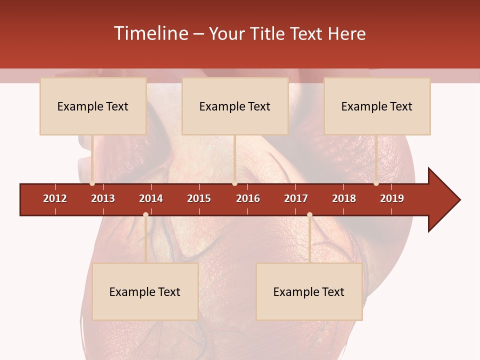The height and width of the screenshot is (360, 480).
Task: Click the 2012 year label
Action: tap(55, 198)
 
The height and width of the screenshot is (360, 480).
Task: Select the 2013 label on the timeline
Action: tap(103, 198)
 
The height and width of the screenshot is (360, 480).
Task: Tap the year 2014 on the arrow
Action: tap(151, 198)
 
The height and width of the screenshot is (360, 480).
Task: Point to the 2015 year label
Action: tap(199, 198)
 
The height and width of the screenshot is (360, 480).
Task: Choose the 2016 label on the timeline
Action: tap(248, 198)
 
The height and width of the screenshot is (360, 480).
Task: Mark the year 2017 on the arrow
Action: tap(296, 198)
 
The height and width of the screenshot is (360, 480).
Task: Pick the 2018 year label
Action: tap(344, 198)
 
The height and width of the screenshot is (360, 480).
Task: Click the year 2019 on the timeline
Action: tap(392, 198)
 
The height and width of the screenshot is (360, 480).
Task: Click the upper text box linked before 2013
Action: tap(93, 106)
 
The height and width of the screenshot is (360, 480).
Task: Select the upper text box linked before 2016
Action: tap(235, 106)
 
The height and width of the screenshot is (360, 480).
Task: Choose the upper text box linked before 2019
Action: tap(377, 106)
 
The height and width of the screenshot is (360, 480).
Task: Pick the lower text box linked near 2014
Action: tap(145, 291)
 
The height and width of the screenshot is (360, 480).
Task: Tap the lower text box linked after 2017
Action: tap(309, 291)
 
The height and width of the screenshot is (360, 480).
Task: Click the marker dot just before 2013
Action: tap(92, 183)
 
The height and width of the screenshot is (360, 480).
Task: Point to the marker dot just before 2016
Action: tap(234, 183)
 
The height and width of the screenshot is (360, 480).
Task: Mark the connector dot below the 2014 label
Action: tap(145, 214)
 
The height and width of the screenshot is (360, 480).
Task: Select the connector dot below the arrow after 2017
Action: tap(309, 214)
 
